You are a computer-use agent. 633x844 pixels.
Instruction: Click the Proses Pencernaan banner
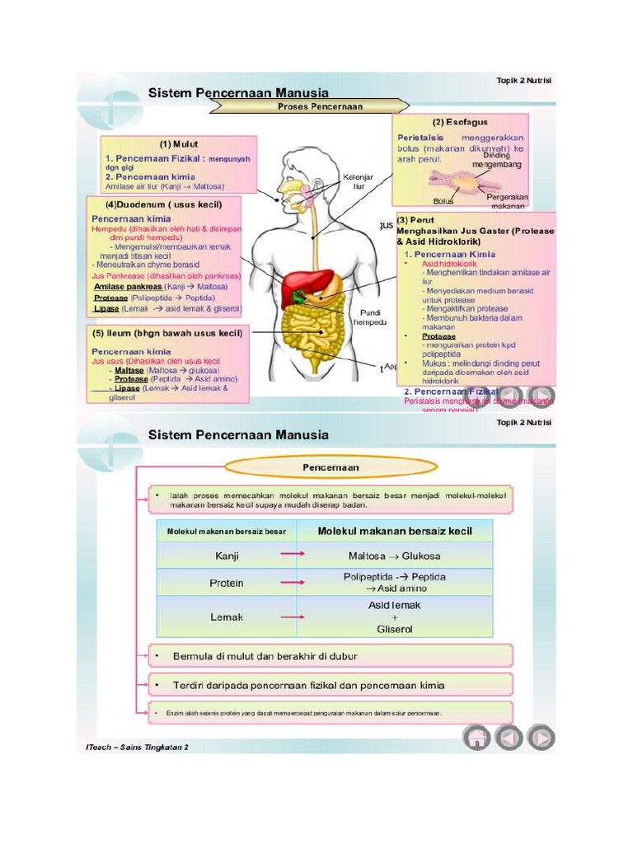click(320, 106)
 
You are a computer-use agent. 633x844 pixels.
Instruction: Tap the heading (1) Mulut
click(179, 143)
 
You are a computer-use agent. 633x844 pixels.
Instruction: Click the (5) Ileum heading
click(167, 334)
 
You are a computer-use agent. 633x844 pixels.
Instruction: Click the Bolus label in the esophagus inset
click(443, 200)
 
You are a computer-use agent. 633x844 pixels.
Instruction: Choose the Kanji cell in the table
click(227, 556)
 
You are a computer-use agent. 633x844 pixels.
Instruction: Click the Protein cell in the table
click(227, 583)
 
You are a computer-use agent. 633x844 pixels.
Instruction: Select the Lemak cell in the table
click(227, 617)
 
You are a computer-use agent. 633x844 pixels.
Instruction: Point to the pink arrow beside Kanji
click(292, 555)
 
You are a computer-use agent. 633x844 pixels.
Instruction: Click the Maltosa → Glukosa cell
click(394, 556)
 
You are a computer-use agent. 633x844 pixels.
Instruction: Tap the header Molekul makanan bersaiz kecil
click(395, 532)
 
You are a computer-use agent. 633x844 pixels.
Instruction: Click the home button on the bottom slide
click(477, 737)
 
